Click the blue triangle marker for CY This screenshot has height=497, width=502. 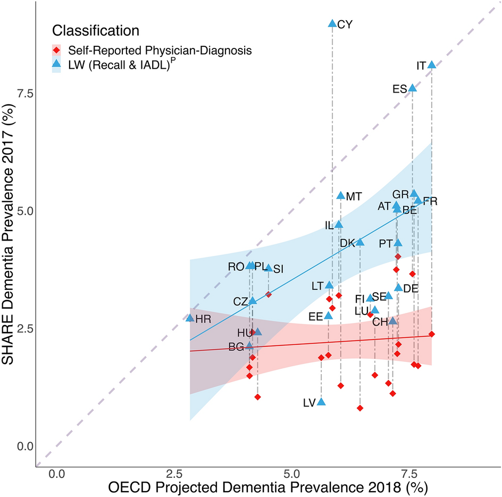pos(332,23)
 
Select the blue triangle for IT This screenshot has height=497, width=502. pos(431,64)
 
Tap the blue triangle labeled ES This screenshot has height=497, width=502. pos(412,87)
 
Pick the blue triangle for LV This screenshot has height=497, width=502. pos(321,402)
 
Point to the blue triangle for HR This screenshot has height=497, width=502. pos(190,318)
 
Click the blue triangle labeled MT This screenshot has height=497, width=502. pos(341,195)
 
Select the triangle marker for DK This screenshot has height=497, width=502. pos(360,242)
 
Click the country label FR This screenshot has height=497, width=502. pos(430,202)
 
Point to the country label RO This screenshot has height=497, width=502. pos(236,267)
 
